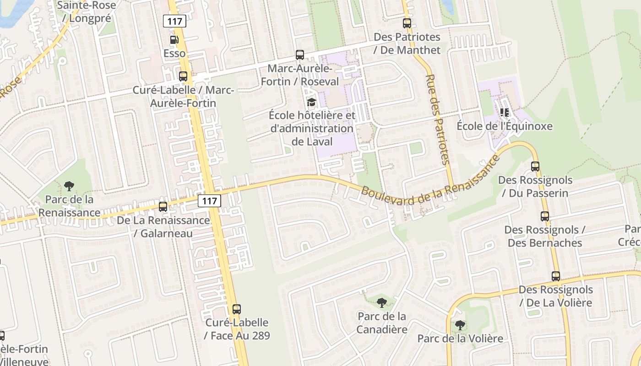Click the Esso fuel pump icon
click(174, 40)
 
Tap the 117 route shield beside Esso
click(174, 21)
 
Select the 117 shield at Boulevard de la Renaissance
click(210, 200)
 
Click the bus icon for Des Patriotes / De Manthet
click(407, 23)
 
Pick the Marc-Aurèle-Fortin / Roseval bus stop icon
click(300, 55)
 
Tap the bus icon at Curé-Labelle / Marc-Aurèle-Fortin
click(183, 76)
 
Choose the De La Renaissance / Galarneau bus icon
click(163, 207)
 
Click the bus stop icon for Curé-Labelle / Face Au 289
click(237, 309)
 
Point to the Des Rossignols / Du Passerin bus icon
click(535, 167)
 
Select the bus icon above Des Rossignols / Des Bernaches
click(545, 216)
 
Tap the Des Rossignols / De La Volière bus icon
click(556, 276)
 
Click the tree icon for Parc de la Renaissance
click(69, 186)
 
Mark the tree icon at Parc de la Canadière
click(381, 302)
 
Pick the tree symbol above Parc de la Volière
click(460, 325)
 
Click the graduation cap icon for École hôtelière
click(312, 102)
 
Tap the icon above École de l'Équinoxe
click(505, 112)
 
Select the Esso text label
click(175, 54)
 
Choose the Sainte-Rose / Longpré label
click(86, 12)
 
